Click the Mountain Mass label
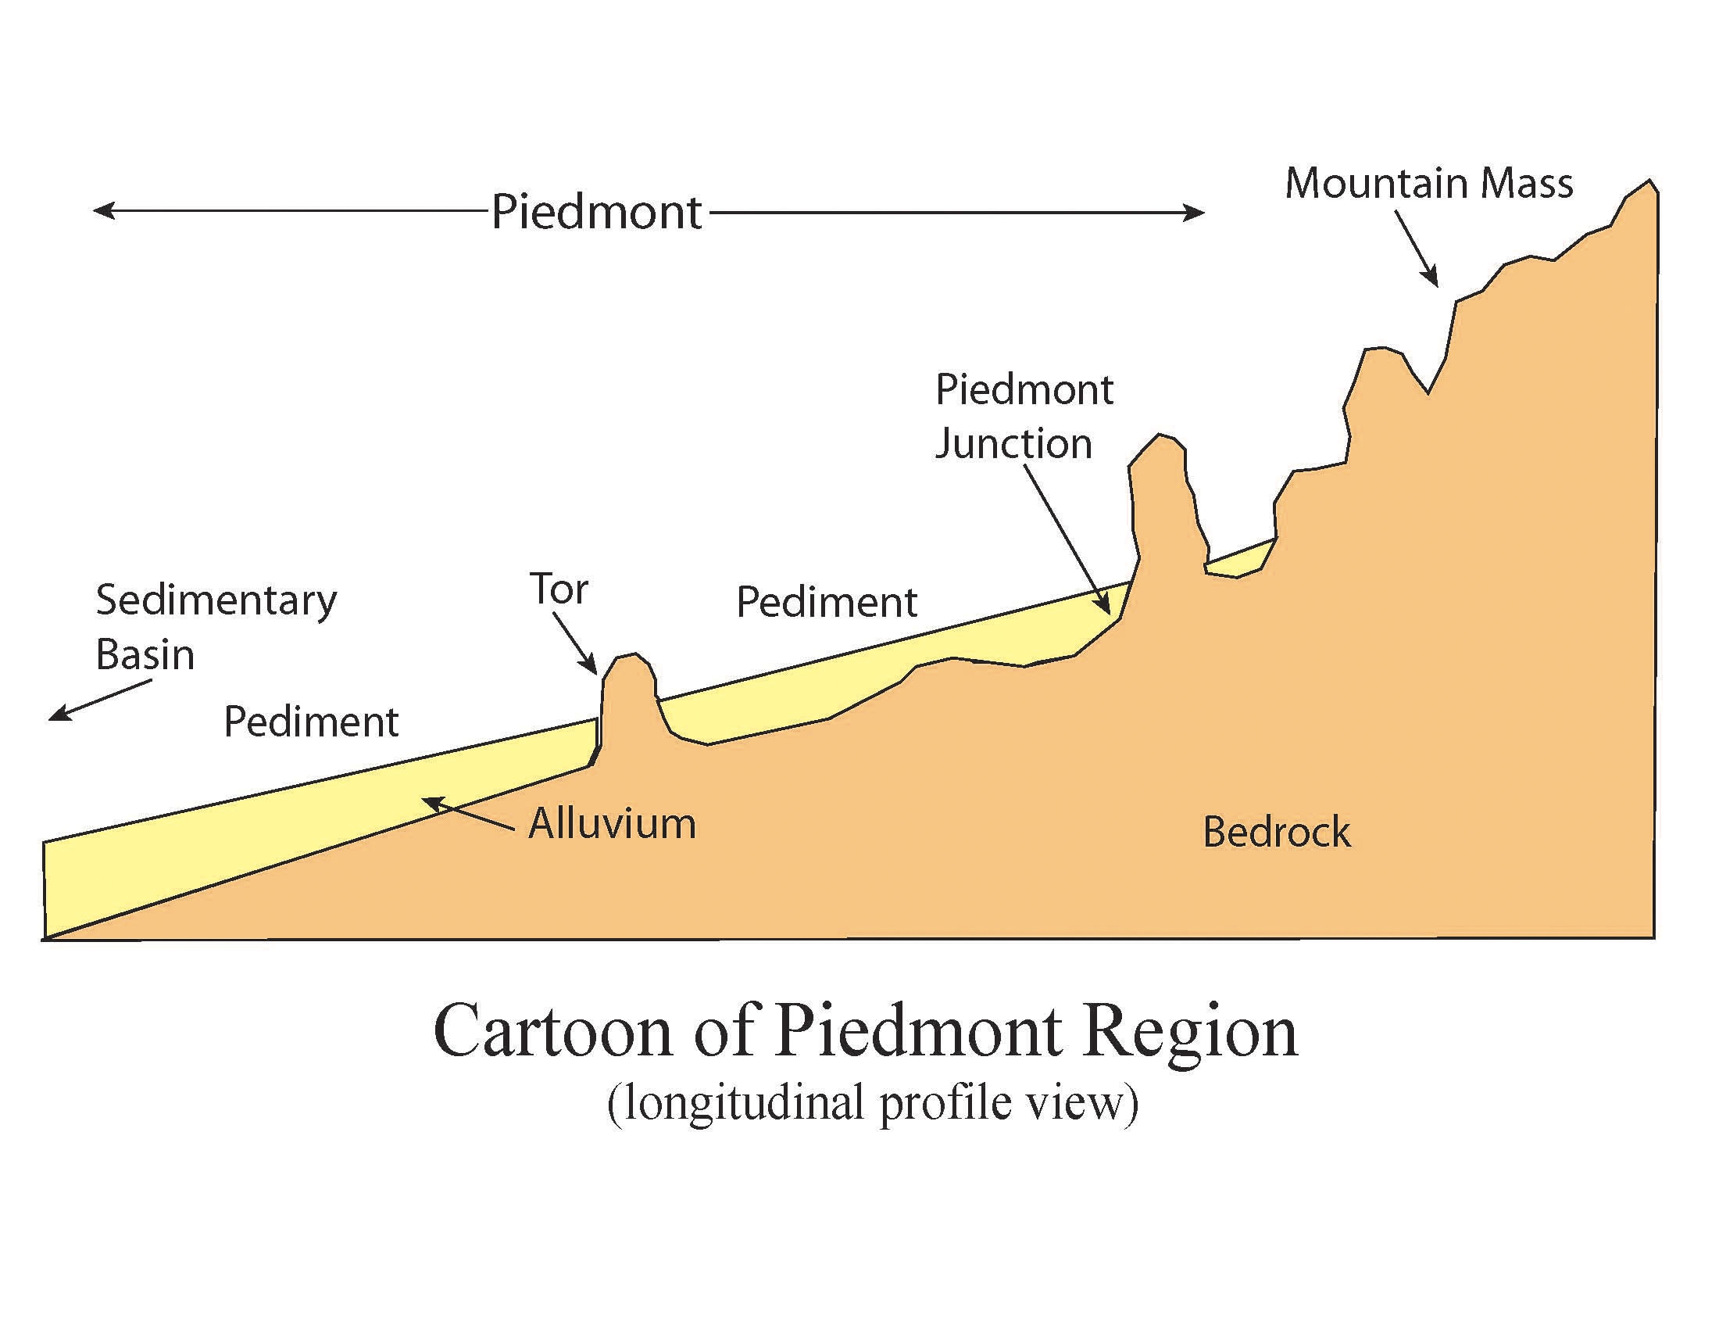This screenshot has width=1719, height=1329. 1428,184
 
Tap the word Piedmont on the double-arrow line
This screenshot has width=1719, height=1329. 596,212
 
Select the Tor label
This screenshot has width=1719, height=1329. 558,589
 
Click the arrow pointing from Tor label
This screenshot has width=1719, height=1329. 575,644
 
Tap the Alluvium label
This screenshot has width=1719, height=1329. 613,823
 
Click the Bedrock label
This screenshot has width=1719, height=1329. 1276,833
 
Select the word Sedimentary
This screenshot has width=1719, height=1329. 216,600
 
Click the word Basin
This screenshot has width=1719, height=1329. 145,654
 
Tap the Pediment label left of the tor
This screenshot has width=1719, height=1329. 311,722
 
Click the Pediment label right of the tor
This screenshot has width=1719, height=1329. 827,602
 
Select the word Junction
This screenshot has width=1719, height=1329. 1013,444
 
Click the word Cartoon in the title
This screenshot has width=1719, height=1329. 552,1032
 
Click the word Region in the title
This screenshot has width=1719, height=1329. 1189,1032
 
